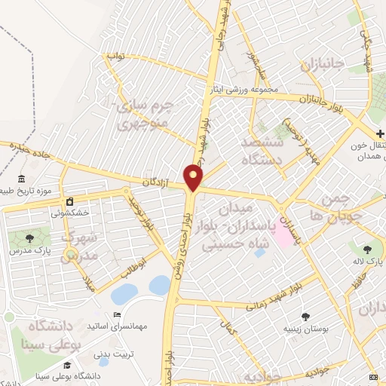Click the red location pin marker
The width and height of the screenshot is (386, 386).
[194, 178]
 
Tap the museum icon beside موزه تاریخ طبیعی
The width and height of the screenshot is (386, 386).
[20, 179]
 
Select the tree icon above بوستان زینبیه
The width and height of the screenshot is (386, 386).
[305, 317]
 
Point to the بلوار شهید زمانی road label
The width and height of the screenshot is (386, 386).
[272, 299]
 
